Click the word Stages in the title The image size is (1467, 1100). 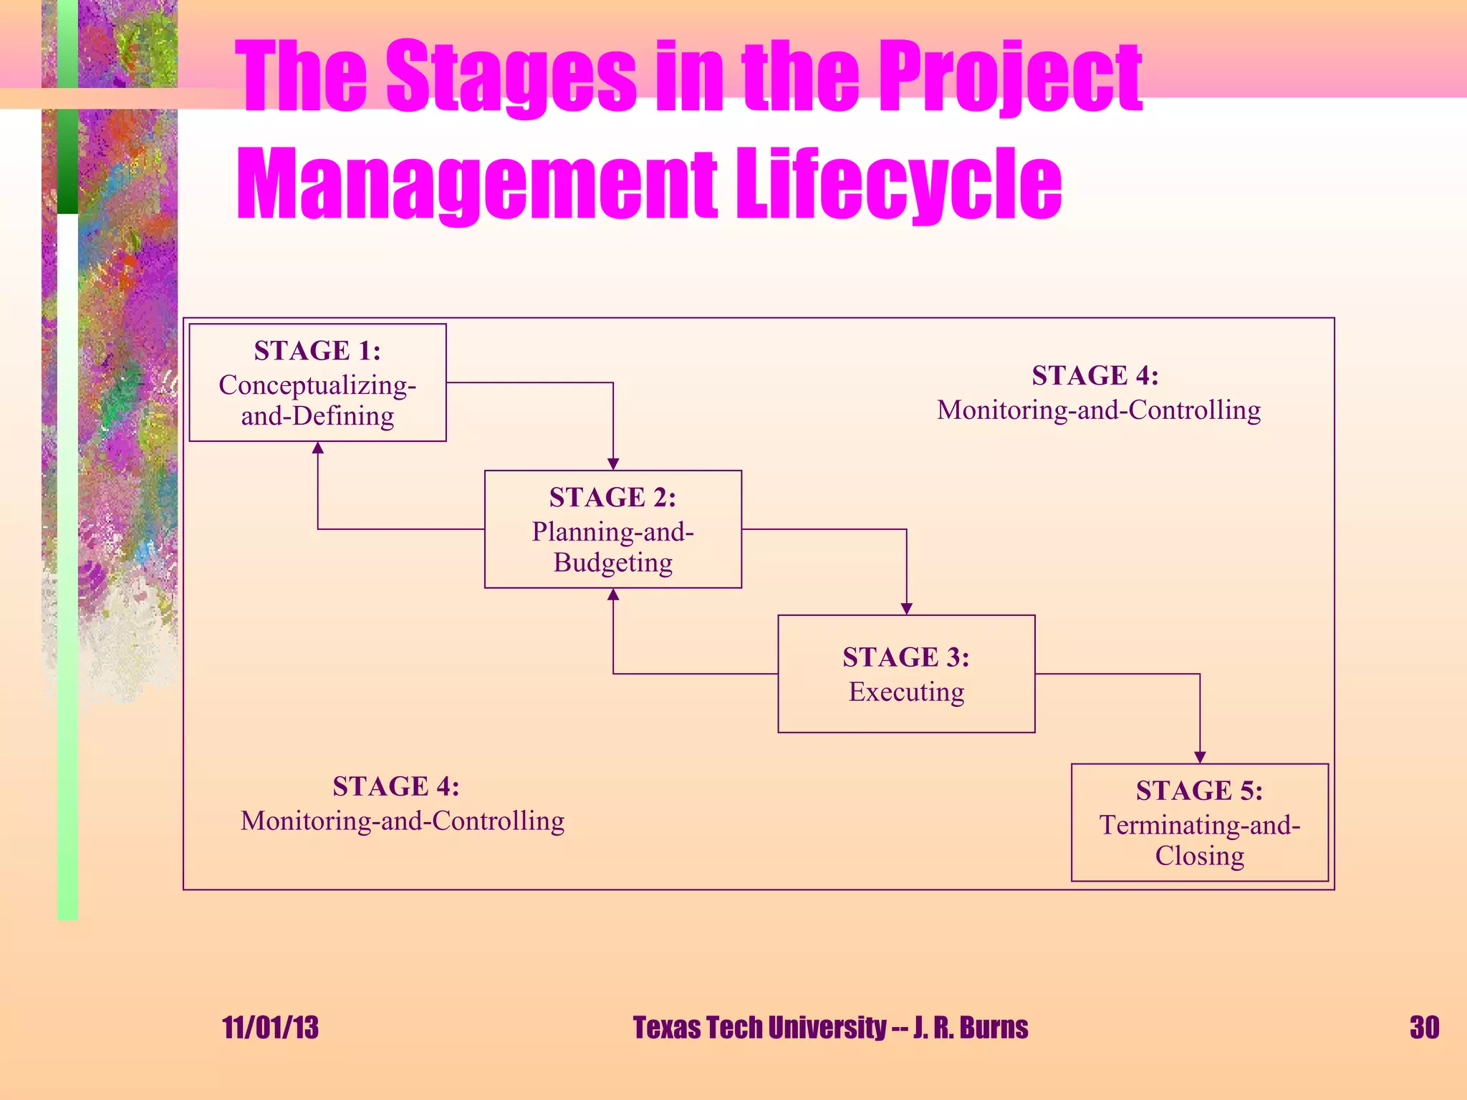[511, 77]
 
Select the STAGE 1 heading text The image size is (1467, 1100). [317, 351]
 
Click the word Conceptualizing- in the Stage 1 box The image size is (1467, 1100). [317, 385]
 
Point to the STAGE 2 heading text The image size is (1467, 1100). [612, 497]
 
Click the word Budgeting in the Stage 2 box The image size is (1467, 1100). [612, 563]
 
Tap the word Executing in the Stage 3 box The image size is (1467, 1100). [906, 692]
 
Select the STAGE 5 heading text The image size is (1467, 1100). [1199, 791]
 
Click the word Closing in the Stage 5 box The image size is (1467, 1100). [1199, 857]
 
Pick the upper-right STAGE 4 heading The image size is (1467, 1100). [1095, 375]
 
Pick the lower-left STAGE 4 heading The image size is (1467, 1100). [396, 786]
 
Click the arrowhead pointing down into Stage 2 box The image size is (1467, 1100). [613, 464]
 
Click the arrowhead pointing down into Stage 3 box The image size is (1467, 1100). [907, 609]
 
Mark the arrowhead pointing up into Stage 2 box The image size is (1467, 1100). [613, 594]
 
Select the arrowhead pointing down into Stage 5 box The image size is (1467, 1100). [1201, 757]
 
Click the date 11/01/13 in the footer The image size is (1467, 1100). [270, 1028]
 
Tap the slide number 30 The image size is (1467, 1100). [1424, 1028]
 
